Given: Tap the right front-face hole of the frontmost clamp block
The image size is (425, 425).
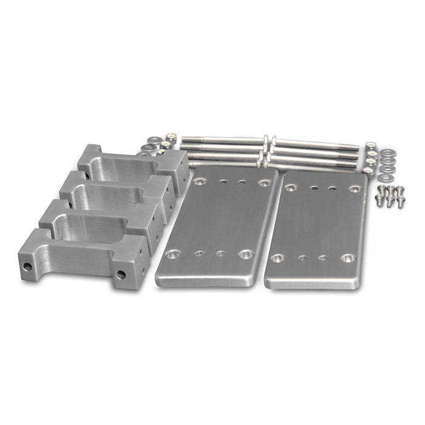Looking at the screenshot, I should pyautogui.click(x=121, y=274).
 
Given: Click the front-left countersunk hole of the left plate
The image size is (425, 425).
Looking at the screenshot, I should pyautogui.click(x=173, y=254).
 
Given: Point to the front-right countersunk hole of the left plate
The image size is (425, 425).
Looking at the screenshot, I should pyautogui.click(x=246, y=254).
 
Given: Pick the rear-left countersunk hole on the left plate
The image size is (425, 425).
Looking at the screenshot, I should pyautogui.click(x=200, y=181).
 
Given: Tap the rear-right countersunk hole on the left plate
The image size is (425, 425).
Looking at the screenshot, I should pyautogui.click(x=264, y=182).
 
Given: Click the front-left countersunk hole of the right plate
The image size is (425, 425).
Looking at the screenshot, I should pyautogui.click(x=277, y=258).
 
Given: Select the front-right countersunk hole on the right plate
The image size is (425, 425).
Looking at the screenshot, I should pyautogui.click(x=347, y=258).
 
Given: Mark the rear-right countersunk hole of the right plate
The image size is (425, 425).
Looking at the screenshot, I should pyautogui.click(x=355, y=189).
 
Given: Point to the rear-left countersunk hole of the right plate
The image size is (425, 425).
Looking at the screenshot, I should pyautogui.click(x=291, y=188).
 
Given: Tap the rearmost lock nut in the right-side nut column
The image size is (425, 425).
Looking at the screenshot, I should pyautogui.click(x=370, y=146).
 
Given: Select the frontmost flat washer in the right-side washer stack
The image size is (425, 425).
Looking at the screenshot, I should pyautogui.click(x=383, y=177).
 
